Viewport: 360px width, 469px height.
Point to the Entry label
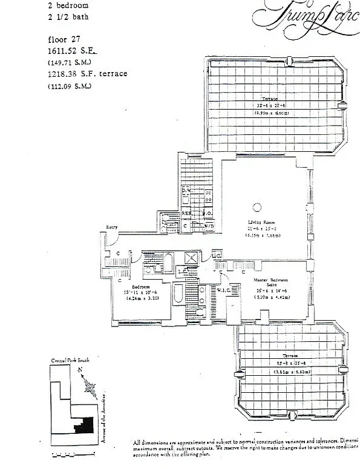[x=111, y=227]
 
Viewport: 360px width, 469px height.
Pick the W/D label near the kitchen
[x=208, y=226]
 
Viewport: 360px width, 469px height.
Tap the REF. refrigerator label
[x=185, y=213]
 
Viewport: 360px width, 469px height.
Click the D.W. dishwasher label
[x=186, y=191]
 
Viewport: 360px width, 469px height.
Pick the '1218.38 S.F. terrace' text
[x=87, y=74]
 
